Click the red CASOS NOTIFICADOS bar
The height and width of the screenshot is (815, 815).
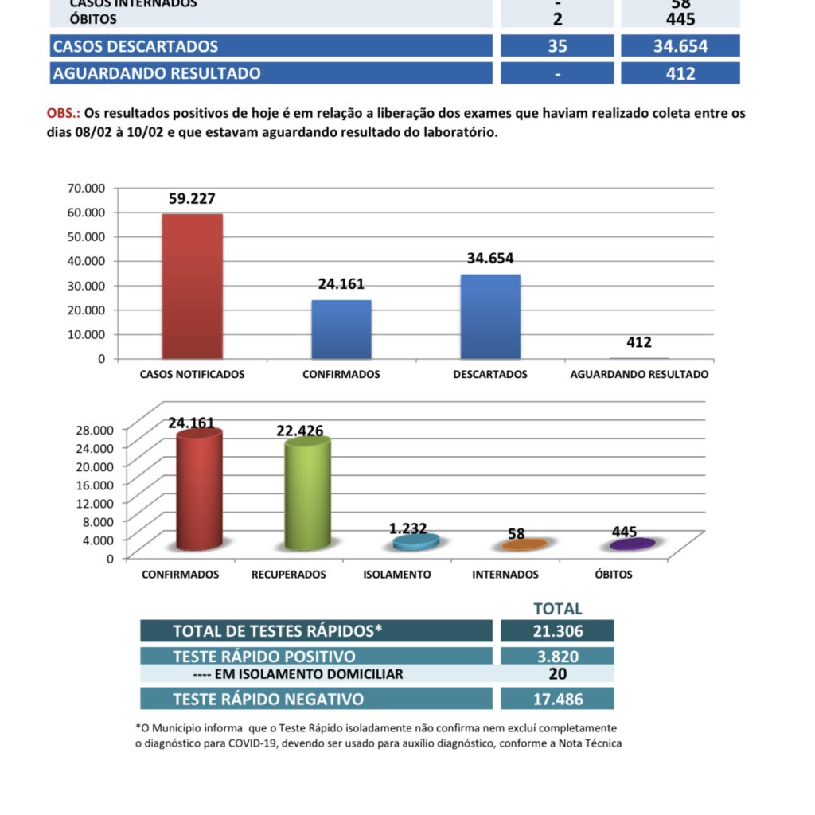pos(192,287)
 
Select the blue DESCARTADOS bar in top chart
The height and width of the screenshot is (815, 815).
pos(490,317)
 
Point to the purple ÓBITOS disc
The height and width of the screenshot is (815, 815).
pos(633,544)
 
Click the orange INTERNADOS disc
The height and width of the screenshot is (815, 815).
pos(524,545)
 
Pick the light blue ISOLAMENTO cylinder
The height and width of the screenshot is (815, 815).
pos(416,542)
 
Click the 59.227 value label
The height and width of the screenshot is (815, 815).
pos(192,199)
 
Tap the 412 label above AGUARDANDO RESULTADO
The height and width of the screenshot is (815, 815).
pos(639,343)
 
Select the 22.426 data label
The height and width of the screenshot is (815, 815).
pos(300,431)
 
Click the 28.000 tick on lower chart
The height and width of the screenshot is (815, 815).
pos(96,429)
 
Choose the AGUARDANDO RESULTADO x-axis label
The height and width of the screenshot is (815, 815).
pos(639,374)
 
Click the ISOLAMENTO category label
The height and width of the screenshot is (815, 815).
pos(397,575)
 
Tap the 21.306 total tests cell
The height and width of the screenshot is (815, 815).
pos(557,632)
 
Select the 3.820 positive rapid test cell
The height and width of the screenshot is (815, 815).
pos(557,657)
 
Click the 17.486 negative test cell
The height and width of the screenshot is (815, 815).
pos(557,700)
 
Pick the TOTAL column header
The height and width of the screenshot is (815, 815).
pos(558,609)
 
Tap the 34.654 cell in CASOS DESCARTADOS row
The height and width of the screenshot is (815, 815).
pos(680,46)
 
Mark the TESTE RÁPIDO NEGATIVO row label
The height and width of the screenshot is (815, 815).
pos(268,700)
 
